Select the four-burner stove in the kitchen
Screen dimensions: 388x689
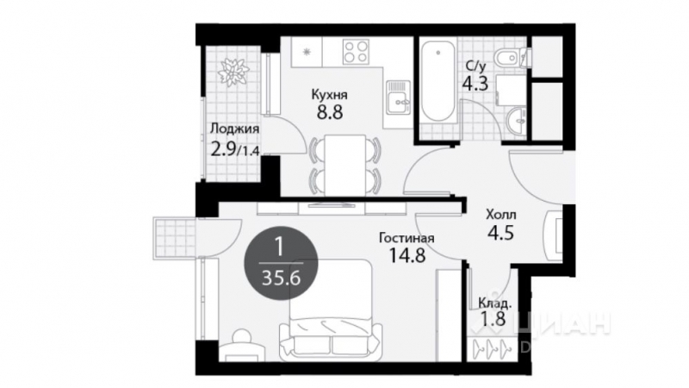355,52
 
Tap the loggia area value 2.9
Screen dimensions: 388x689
223,148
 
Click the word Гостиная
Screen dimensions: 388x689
405,239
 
